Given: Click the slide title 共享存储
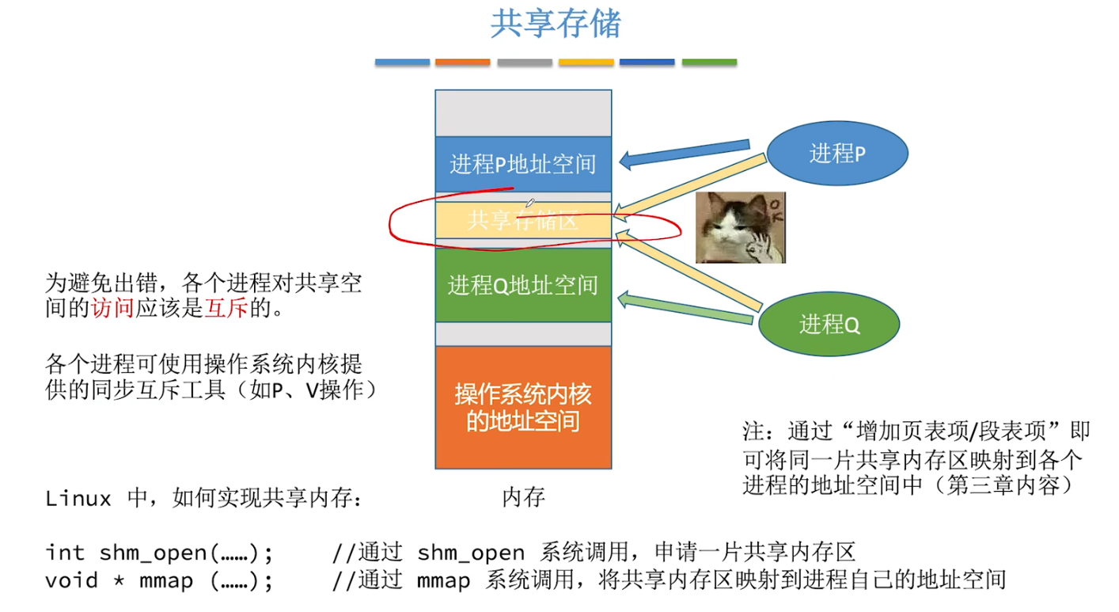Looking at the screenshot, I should point(556,24).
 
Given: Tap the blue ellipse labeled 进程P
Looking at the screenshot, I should point(837,153).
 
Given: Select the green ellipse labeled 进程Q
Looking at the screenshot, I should point(829,324).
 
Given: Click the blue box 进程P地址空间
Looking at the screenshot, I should point(523,164).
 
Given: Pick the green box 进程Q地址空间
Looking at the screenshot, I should point(523,285).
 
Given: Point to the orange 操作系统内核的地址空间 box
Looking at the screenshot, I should point(523,407).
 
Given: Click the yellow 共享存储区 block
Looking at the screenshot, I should point(523,220).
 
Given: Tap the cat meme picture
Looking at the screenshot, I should point(740,227).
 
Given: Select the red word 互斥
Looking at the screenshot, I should point(226,309).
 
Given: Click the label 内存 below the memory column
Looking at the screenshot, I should point(523,497).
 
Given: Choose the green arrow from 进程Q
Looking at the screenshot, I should point(684,309).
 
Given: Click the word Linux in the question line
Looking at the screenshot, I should point(78,499).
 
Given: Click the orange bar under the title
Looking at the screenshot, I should point(463,62).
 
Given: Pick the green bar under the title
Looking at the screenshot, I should point(709,62).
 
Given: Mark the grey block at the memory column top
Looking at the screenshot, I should point(523,113).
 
